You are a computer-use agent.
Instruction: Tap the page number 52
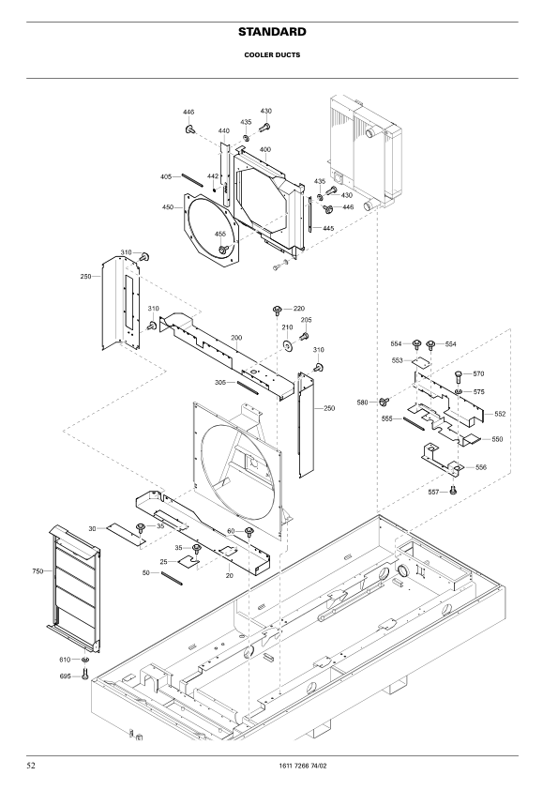31,767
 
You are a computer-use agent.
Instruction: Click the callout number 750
38,570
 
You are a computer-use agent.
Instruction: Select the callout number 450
167,207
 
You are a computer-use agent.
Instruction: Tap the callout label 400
265,150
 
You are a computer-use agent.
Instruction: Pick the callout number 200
236,337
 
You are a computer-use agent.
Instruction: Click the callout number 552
500,414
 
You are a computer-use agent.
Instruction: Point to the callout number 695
66,676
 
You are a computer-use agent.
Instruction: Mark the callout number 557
434,492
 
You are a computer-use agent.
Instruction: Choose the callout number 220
298,308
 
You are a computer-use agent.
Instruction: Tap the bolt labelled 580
385,403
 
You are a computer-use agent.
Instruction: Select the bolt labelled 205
304,337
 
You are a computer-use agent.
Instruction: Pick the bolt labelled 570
458,377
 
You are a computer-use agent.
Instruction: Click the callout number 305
219,382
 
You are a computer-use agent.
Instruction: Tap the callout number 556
481,467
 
